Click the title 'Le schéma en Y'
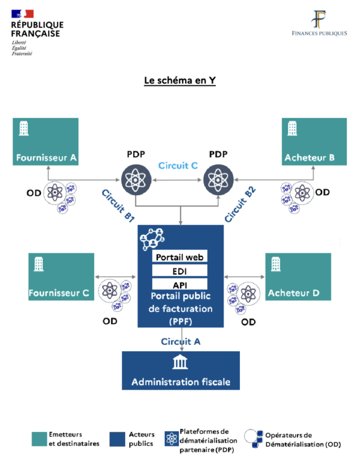pyautogui.click(x=180, y=81)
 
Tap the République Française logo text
pyautogui.click(x=36, y=28)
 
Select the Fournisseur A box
pyautogui.click(x=46, y=141)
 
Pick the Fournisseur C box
pyautogui.click(x=61, y=277)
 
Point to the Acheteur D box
pyautogui.click(x=297, y=277)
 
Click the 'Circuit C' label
pyautogui.click(x=177, y=166)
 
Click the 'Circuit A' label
pyautogui.click(x=181, y=342)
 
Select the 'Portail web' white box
pyautogui.click(x=181, y=257)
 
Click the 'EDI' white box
pyautogui.click(x=181, y=271)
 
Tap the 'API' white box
pyautogui.click(x=181, y=285)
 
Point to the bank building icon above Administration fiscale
pyautogui.click(x=180, y=363)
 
